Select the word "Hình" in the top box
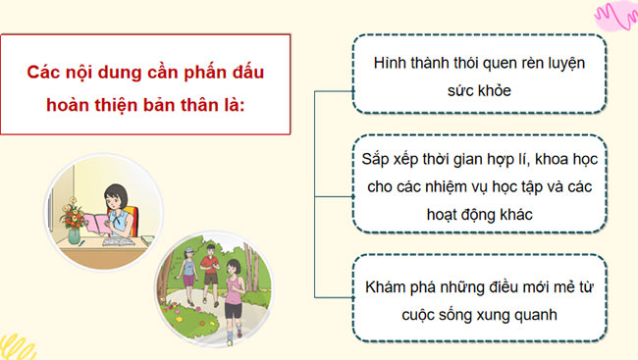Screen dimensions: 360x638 coord(393,62)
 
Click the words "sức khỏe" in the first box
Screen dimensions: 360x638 coord(478,89)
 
